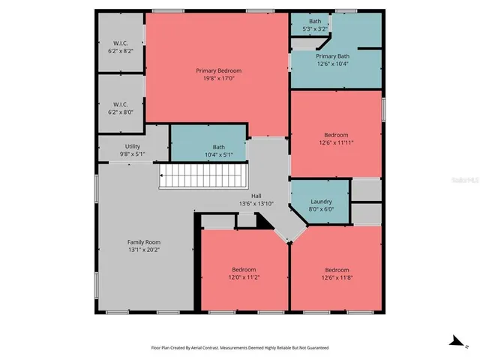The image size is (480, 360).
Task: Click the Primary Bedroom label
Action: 218,70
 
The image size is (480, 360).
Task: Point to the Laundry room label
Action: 321,202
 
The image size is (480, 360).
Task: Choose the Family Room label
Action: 143,242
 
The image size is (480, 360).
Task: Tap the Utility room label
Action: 132,146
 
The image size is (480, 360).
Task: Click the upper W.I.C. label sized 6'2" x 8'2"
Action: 121,43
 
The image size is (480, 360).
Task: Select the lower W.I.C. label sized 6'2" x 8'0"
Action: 121,104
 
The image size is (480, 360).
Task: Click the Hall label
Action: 256,196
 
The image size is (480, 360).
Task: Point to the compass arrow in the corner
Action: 454,341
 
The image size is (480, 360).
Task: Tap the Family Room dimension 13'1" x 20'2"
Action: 143,250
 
